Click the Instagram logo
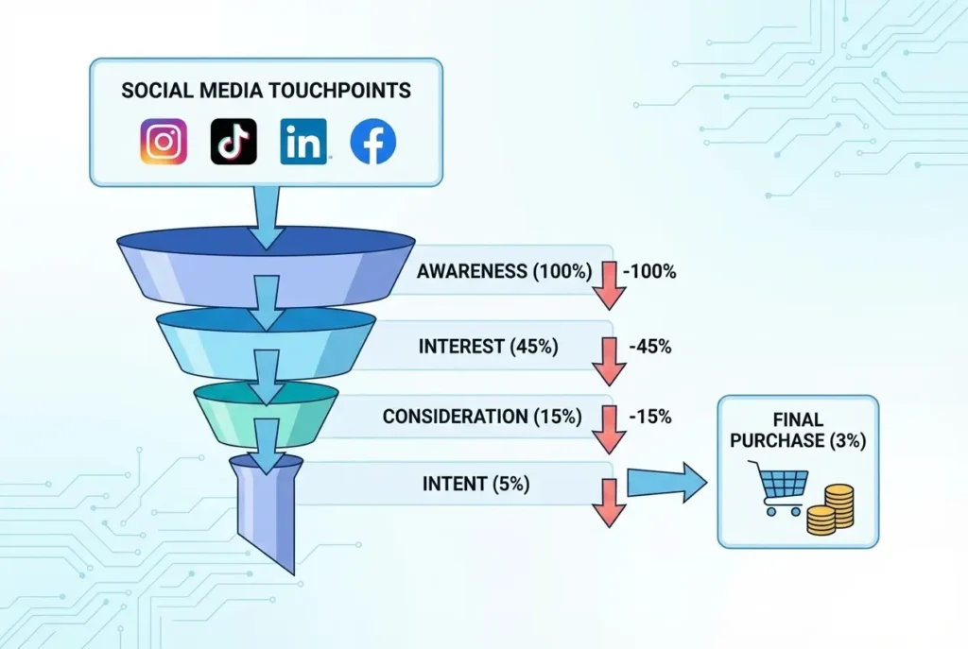click(164, 142)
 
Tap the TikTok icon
click(233, 142)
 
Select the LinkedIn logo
click(303, 142)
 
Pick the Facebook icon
click(373, 143)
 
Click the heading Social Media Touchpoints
click(266, 91)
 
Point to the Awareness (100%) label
click(504, 272)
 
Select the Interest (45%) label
click(488, 346)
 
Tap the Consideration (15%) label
click(482, 416)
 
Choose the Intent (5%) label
click(475, 485)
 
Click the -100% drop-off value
click(649, 272)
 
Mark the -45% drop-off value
click(649, 346)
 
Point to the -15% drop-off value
click(649, 416)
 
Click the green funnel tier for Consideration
click(267, 413)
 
